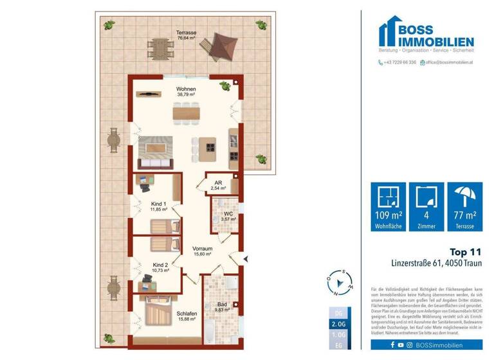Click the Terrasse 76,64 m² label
pos(187,35)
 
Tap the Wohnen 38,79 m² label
pos(187,91)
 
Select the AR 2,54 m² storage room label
pos(218,186)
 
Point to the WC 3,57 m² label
pos(228,217)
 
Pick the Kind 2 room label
pos(161,267)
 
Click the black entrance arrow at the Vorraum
pos(246,258)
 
